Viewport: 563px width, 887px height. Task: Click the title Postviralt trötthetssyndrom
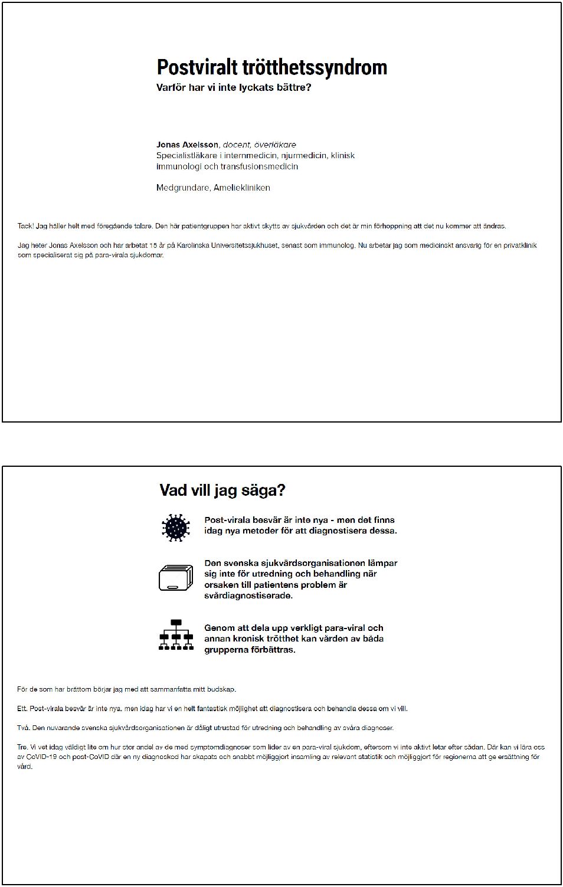(x=271, y=67)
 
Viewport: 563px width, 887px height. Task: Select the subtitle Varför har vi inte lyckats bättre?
(x=233, y=88)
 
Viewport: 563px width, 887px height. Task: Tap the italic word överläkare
(x=275, y=145)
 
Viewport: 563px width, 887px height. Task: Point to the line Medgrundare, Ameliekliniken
(x=213, y=188)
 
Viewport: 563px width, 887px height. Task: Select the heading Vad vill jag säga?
(x=222, y=490)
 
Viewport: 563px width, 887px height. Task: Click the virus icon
(x=175, y=527)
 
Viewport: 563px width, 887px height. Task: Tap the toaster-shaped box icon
(x=176, y=578)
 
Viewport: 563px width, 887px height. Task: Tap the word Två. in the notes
(x=24, y=728)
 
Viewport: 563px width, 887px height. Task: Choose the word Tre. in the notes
(x=23, y=747)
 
